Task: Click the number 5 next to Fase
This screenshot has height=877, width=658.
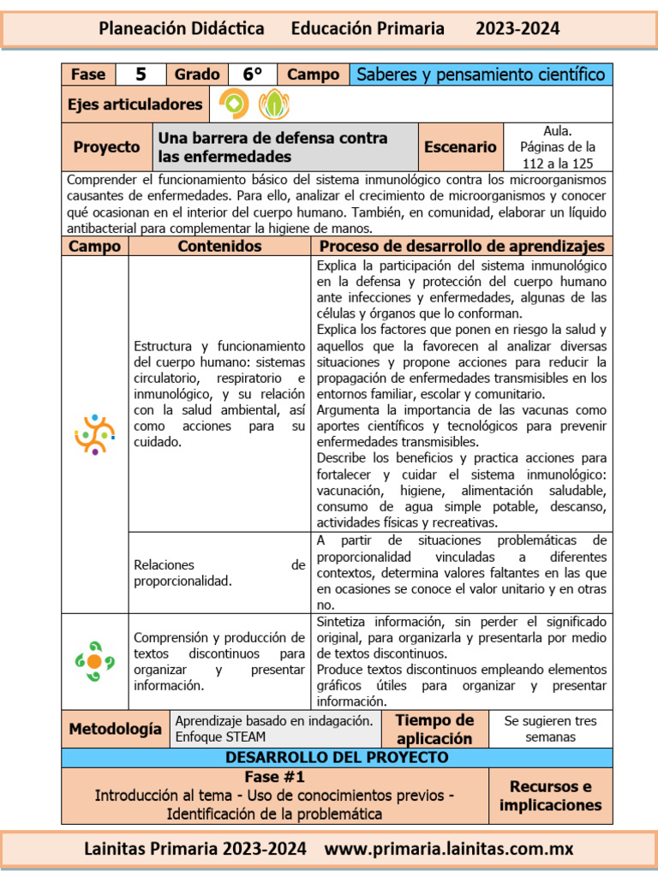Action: tap(140, 75)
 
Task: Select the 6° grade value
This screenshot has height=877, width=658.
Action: tap(252, 75)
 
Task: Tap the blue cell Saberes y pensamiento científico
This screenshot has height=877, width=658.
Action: tap(481, 75)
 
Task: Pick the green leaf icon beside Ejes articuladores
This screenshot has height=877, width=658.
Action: tap(274, 104)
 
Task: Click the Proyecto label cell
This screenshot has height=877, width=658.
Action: tap(106, 147)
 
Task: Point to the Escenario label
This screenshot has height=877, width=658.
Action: tap(460, 147)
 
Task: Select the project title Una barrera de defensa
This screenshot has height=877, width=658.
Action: tap(272, 147)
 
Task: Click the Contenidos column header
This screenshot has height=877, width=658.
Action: tap(219, 247)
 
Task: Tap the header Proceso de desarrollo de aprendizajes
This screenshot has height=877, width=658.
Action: tap(461, 247)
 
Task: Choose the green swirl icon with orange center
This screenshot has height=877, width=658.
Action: tap(94, 661)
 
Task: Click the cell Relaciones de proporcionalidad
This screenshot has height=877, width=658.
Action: tap(219, 573)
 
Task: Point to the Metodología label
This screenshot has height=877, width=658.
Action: tap(115, 730)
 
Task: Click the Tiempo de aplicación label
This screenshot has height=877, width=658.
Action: tap(434, 729)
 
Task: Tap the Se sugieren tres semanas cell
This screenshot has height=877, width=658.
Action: tap(551, 729)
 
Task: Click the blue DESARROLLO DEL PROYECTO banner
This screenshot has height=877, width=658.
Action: tap(337, 758)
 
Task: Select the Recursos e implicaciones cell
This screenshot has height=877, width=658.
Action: tap(551, 796)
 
